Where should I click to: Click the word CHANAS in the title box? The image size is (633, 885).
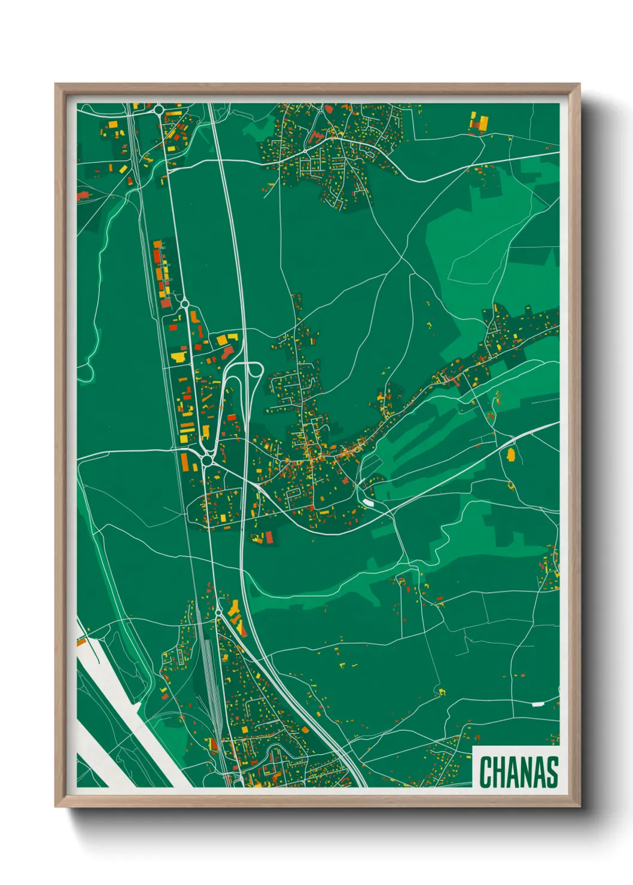518,772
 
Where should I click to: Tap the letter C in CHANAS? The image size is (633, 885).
485,772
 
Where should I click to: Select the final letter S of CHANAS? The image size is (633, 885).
552,772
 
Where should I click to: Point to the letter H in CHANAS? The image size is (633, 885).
498,772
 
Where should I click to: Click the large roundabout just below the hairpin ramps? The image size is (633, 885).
208,460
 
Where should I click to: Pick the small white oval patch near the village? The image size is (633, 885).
368,502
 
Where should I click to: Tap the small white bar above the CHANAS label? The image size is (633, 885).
538,704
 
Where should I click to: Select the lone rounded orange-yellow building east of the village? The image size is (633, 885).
511,455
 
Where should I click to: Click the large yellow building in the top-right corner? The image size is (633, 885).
480,123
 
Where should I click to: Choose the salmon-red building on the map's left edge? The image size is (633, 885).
83,195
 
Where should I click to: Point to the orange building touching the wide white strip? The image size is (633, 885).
81,643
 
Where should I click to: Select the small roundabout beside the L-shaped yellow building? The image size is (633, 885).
218,612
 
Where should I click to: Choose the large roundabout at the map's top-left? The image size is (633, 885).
159,109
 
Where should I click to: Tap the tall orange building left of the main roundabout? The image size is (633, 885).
185,462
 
